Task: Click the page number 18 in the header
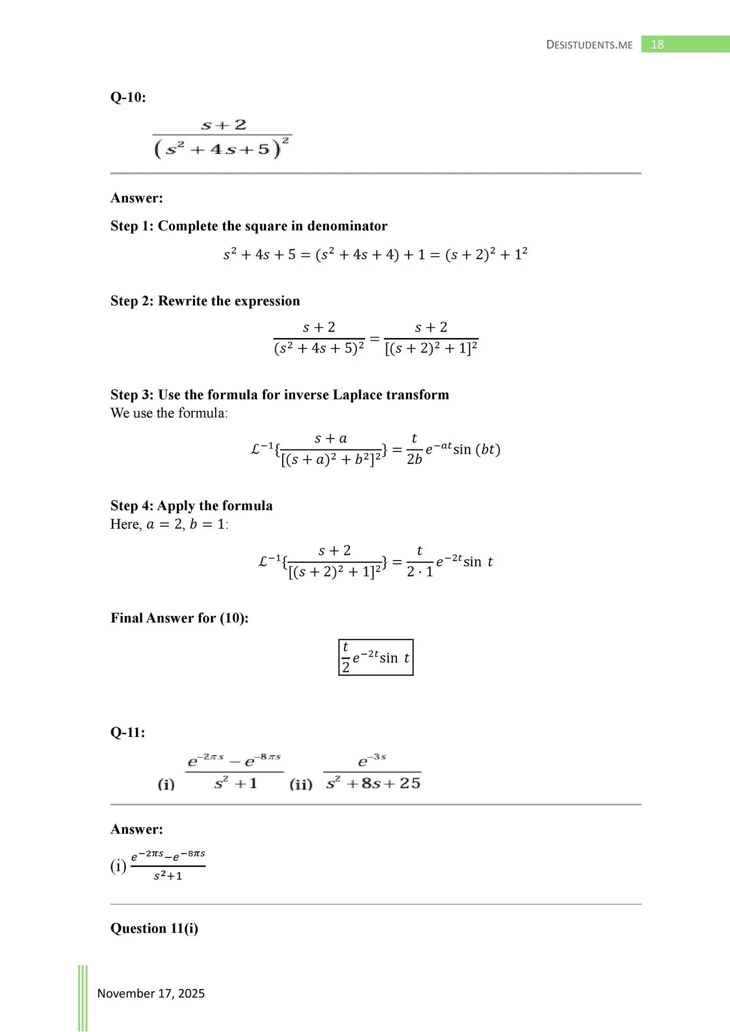coord(657,45)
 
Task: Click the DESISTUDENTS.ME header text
coord(589,45)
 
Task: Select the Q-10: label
coord(128,97)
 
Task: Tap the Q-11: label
coord(127,733)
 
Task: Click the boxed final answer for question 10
coord(376,657)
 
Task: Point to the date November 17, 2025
coord(151,993)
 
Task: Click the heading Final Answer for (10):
coord(180,618)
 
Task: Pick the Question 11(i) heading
coord(154,928)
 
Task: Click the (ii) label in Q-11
coord(301,784)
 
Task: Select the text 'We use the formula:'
coord(169,413)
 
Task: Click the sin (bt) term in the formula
coord(476,449)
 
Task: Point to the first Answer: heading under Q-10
coord(137,198)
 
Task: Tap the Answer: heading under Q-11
coord(137,829)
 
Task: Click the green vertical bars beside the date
coord(83,998)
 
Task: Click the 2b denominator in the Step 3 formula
coord(414,460)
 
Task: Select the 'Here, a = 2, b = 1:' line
coord(169,524)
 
